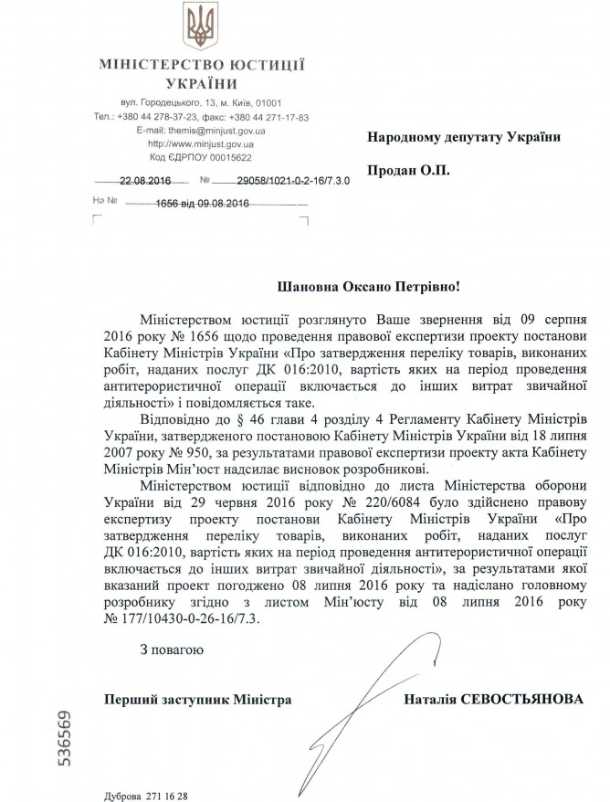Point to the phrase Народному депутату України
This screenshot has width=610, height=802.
coord(464,136)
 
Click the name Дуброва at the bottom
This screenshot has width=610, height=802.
coord(120,793)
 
